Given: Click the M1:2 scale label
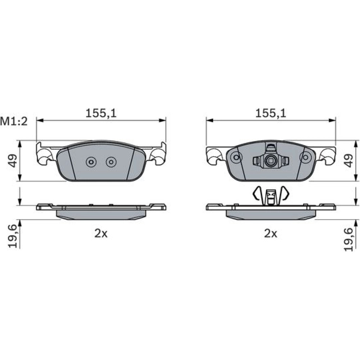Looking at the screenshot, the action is tap(14, 121).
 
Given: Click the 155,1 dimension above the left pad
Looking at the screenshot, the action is tap(101, 114).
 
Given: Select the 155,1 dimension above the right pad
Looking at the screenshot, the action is tap(271, 114).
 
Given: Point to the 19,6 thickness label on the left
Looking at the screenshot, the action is tap(13, 237).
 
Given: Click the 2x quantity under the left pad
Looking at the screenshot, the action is tap(101, 234).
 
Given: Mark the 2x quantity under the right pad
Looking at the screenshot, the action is tap(271, 234).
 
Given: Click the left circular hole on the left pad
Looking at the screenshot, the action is tap(91, 162).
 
